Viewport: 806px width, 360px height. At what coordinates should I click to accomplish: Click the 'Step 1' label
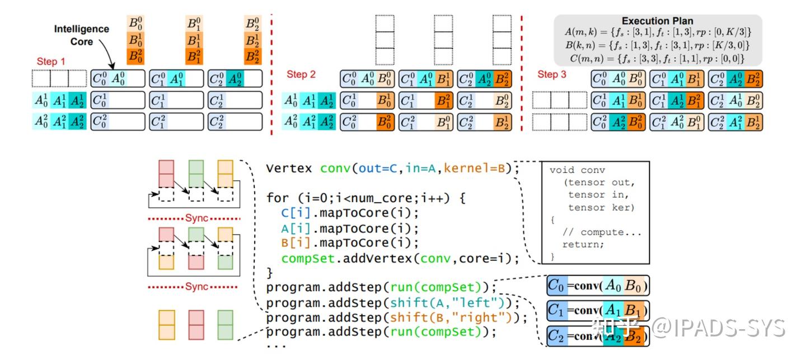51,61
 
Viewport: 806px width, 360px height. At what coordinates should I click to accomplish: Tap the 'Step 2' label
301,74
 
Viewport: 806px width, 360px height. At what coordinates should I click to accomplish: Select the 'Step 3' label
552,74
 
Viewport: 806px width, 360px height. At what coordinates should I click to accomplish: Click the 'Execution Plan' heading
657,21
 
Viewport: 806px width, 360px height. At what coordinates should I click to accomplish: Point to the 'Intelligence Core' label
81,35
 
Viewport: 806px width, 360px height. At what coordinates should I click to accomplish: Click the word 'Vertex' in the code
290,168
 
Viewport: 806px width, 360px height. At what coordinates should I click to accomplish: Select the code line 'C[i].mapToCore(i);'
342,213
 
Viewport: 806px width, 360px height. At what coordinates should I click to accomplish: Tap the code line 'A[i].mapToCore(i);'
342,228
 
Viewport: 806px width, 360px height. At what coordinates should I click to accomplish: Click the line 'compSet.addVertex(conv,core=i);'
400,259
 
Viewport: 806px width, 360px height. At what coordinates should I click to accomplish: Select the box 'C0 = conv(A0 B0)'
599,287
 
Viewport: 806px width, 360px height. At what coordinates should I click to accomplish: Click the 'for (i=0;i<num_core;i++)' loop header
365,198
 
